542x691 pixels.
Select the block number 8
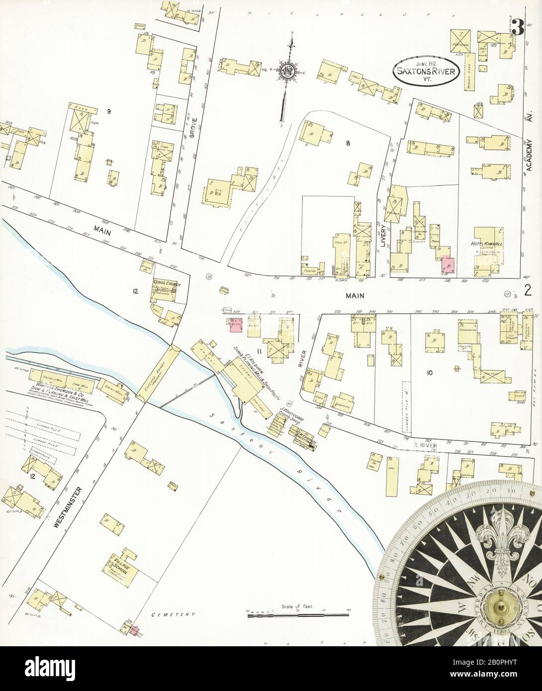click(349, 143)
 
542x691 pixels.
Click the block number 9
click(108, 111)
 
